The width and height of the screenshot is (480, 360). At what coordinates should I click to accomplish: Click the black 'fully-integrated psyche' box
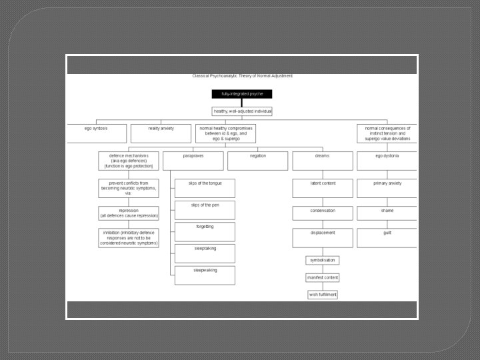(242, 94)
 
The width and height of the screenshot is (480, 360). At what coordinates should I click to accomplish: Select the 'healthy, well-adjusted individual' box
(242, 111)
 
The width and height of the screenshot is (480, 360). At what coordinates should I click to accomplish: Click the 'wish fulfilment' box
(323, 294)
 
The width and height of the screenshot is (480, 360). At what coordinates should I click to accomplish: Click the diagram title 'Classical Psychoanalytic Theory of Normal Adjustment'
(242, 76)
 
